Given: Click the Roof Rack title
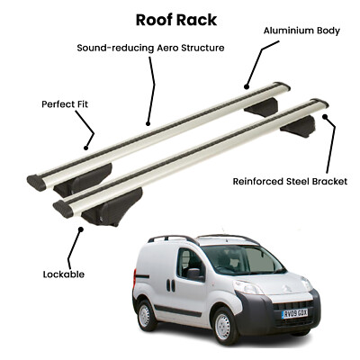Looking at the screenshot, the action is (x=176, y=21).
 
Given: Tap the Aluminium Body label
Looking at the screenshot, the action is (x=301, y=31).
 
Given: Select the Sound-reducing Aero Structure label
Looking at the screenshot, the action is (x=150, y=48).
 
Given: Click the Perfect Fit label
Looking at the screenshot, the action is (x=65, y=104).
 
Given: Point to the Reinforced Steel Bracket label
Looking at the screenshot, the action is (x=290, y=182).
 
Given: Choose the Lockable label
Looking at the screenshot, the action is (x=64, y=274).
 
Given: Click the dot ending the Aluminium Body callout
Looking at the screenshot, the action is (x=247, y=87).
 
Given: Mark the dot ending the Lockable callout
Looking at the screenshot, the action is (x=80, y=229).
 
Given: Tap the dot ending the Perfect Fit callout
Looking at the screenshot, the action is (x=85, y=148).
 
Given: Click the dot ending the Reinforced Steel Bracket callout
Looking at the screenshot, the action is (x=325, y=116).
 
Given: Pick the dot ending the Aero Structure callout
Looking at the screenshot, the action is (x=148, y=123).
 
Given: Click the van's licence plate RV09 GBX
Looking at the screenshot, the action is (x=294, y=313).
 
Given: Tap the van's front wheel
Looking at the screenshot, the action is (x=223, y=327).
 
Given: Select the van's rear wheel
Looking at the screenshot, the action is (x=146, y=315).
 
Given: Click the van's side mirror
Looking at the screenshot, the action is (x=194, y=274).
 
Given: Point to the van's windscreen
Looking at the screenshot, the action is (x=243, y=260).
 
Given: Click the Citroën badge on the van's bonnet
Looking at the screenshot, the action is (x=284, y=289).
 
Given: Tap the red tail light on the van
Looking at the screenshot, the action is (x=135, y=274).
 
